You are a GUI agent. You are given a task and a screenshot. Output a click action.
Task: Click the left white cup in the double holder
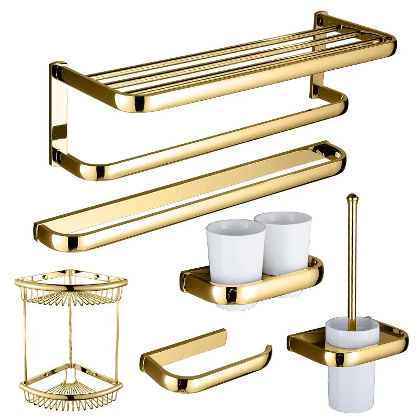tap(235, 247)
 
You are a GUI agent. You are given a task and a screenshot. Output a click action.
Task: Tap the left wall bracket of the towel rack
tap(59, 113)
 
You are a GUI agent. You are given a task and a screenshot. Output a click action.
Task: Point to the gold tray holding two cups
tap(252, 286)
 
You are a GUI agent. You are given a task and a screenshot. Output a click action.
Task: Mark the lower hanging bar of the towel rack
tap(210, 142)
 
